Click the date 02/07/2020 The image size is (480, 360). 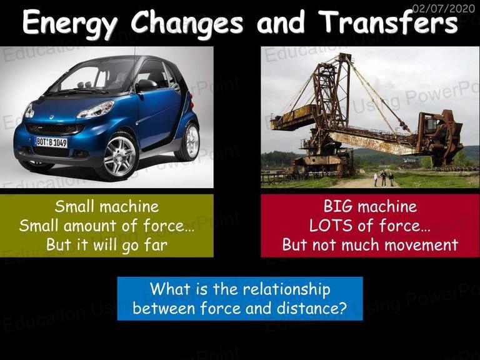click(444, 9)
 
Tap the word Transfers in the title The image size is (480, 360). click(388, 21)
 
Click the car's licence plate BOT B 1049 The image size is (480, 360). click(52, 142)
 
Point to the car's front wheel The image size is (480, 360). click(120, 156)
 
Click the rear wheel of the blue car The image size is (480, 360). click(189, 141)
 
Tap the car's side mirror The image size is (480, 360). click(146, 86)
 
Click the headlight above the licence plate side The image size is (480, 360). click(95, 109)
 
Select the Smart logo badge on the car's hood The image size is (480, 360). click(51, 117)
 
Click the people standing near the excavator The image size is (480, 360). click(384, 179)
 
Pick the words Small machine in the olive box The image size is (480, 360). click(107, 206)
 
